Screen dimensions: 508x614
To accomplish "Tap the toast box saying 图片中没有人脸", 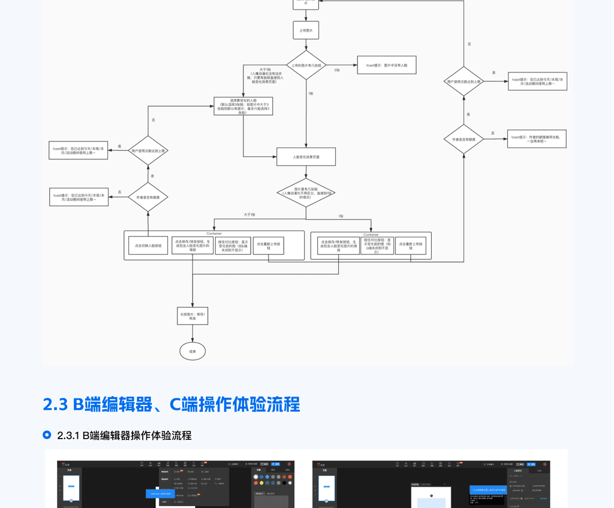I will [x=386, y=65].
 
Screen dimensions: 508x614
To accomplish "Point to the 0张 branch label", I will [x=337, y=69].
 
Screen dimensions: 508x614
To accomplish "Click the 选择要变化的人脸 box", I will [x=243, y=106].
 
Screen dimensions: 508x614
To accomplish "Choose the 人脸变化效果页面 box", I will [x=306, y=156].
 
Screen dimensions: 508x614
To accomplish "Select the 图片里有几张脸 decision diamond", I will [x=306, y=192].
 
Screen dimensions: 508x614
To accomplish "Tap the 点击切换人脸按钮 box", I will [x=148, y=246].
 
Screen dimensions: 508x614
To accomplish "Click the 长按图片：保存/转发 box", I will [x=192, y=316].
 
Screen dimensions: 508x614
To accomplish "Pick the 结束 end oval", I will [x=192, y=351].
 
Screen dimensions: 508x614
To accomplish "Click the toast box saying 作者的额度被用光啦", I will [x=537, y=138].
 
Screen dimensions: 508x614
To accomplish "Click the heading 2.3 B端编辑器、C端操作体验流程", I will [x=171, y=404].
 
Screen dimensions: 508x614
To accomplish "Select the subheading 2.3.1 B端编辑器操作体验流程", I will [x=124, y=436].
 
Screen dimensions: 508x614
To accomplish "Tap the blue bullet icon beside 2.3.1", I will [x=47, y=435].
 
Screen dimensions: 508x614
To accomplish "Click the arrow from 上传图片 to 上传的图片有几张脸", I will [x=306, y=44].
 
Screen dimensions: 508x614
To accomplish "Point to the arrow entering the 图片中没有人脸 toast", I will [x=342, y=65].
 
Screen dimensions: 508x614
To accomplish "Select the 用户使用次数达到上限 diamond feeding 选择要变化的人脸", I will [x=148, y=150].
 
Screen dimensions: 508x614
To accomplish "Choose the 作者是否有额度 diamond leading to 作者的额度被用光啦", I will [x=463, y=139].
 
